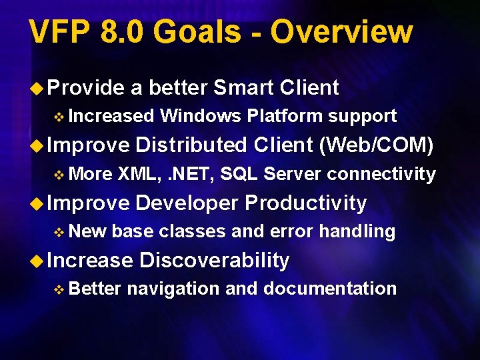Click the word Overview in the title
pos(341,32)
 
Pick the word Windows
pos(200,116)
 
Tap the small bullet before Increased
pos(59,117)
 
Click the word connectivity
pos(381,174)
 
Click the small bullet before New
pos(59,232)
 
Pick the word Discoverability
pos(214,260)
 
